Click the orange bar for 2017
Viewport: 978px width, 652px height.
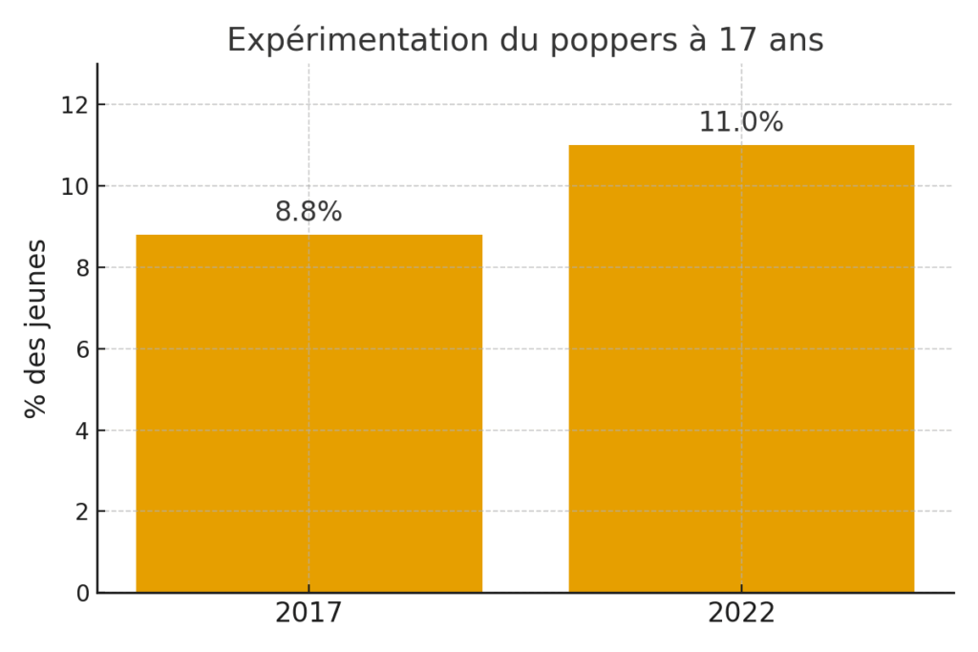coord(308,413)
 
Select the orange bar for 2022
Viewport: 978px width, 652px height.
coord(741,368)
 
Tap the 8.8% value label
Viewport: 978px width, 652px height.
coord(308,212)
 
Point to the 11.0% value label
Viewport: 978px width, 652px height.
coord(741,122)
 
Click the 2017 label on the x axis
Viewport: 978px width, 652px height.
coord(308,613)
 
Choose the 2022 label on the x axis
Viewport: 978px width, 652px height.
coord(741,613)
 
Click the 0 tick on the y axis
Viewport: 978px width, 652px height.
coord(82,593)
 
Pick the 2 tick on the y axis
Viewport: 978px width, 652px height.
coord(82,512)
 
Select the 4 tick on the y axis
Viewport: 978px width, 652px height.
coord(82,431)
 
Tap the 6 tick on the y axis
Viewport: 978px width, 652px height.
coord(82,349)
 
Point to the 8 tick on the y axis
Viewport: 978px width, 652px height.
coord(82,268)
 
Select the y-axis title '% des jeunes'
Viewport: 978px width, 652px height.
coord(36,328)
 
